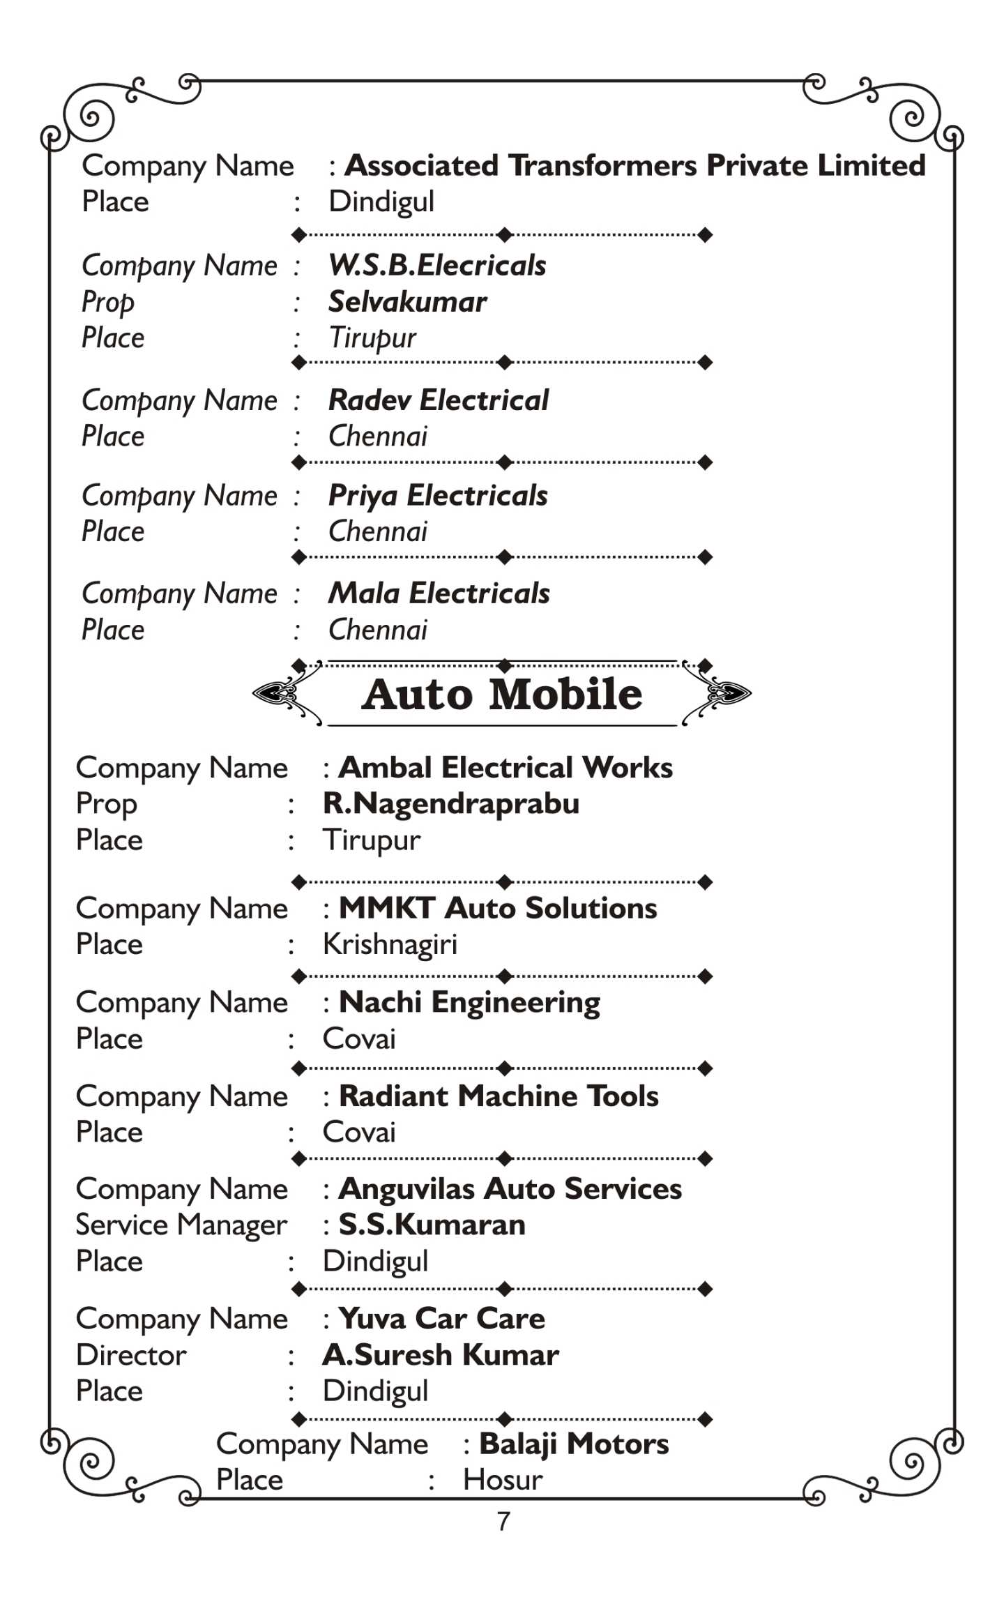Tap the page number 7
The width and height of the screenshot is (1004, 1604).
(x=503, y=1520)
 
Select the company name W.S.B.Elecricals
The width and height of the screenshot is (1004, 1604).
(x=437, y=265)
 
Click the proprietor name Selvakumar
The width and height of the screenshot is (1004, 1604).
(x=407, y=301)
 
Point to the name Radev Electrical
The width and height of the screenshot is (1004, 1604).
(x=439, y=400)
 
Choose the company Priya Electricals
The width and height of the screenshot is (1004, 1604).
(x=438, y=495)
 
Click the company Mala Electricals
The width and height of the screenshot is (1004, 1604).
(x=439, y=593)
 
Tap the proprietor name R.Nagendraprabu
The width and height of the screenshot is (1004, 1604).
(x=451, y=803)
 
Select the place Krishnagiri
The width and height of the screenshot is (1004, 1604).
(x=390, y=944)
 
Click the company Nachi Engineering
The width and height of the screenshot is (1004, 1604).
(x=469, y=1002)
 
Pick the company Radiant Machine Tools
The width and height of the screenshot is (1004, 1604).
(x=499, y=1096)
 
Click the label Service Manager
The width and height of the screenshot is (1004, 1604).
(x=181, y=1225)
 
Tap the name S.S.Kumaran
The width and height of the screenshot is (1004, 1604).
(x=432, y=1225)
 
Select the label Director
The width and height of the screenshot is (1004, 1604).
(x=131, y=1354)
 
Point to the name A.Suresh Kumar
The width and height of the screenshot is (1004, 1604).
(x=441, y=1354)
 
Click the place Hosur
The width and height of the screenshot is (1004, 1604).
(x=503, y=1479)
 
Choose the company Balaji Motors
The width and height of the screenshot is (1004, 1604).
(x=574, y=1444)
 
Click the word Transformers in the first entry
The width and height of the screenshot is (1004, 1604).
(x=602, y=165)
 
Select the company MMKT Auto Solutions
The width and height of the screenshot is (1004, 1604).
(x=498, y=908)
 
